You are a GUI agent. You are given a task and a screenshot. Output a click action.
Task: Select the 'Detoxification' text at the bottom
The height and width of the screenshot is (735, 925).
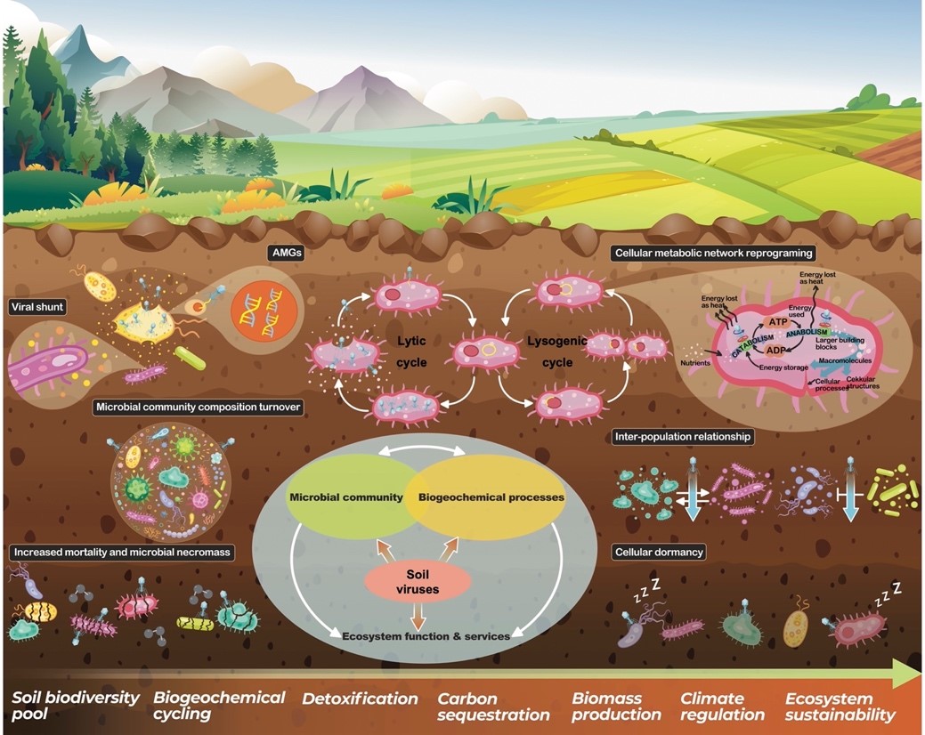[360, 699]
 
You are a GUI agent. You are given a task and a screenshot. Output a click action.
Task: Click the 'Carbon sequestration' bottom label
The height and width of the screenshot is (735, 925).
[493, 707]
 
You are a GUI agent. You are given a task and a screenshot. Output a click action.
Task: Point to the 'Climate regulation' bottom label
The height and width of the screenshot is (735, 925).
[722, 707]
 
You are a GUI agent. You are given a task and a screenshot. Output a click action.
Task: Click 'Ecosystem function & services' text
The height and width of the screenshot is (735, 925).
[426, 635]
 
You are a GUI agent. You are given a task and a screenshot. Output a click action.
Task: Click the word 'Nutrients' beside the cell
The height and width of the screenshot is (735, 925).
[696, 364]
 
